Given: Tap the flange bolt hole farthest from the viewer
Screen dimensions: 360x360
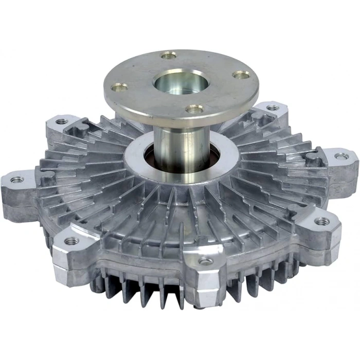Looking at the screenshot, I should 168,55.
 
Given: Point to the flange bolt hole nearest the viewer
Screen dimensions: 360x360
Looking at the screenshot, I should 194,109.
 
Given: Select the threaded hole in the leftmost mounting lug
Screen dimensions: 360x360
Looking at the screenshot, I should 16,179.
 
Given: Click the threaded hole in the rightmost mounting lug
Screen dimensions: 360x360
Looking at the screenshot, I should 340,156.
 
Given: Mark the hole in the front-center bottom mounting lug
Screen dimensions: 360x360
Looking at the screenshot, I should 206,261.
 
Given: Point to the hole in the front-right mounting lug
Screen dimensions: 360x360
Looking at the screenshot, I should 322,221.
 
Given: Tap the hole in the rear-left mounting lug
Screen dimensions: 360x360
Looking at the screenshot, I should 62,122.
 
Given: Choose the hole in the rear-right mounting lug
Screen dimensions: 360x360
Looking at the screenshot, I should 273,108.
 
